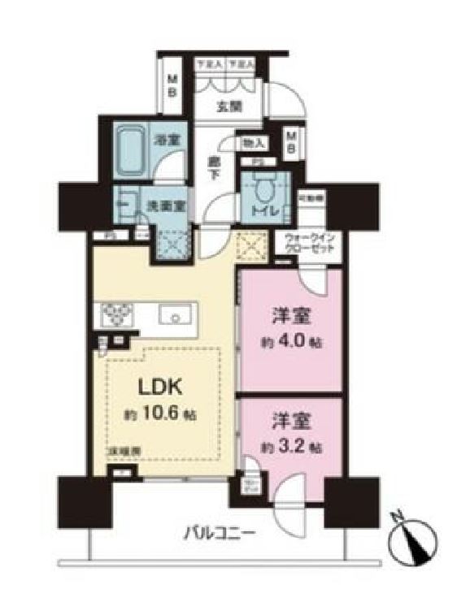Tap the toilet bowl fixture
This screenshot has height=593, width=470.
pos(263,190)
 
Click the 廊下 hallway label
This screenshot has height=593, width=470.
pos(215,167)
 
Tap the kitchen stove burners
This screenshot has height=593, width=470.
pos(113,313)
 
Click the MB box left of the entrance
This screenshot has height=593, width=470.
pos(172,84)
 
